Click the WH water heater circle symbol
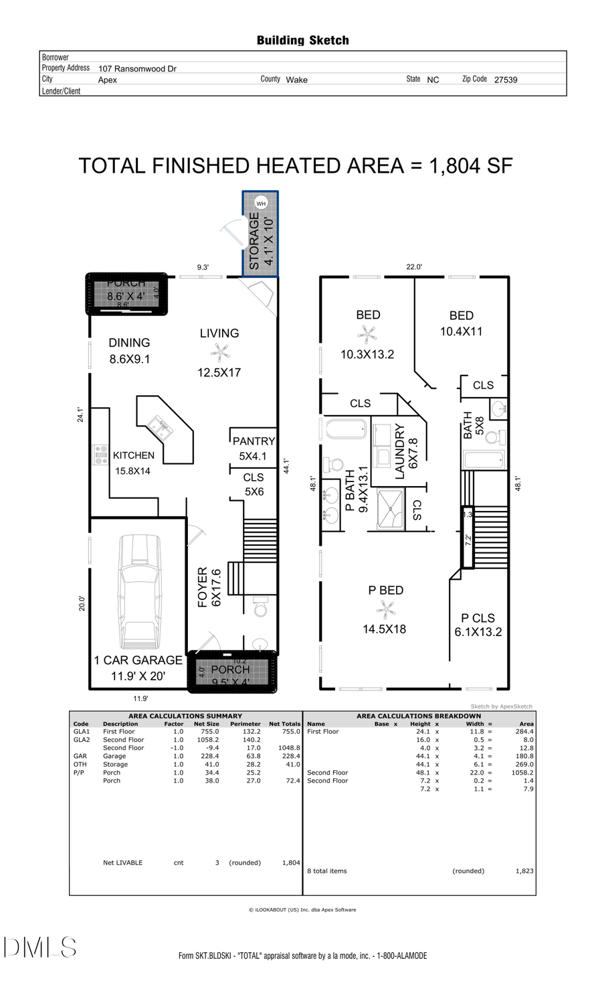pos(261,203)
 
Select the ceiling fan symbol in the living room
pos(220,352)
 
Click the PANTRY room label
pos(254,441)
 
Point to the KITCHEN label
pos(134,455)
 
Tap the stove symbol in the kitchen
pos(100,455)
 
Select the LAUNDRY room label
pos(400,451)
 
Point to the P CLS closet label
pos(478,618)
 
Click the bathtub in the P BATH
pos(346,429)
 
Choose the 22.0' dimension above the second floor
pos(414,266)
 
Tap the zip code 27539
pos(506,80)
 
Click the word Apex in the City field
pos(108,80)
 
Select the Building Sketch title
pos(302,40)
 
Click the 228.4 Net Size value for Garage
pos(209,756)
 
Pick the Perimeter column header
pos(245,724)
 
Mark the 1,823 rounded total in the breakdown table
pos(524,871)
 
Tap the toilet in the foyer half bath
pos(260,609)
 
